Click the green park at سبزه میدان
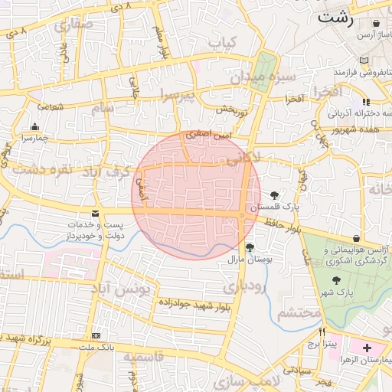pos(266,73)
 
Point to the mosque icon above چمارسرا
pos(34,127)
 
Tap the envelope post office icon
pos(95,214)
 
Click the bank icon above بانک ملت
pos(95,335)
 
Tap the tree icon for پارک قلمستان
pos(275,195)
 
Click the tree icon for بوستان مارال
pos(250,247)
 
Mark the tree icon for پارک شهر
pos(338,281)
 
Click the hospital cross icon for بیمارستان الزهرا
pos(367,348)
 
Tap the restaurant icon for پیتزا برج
pos(322,332)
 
